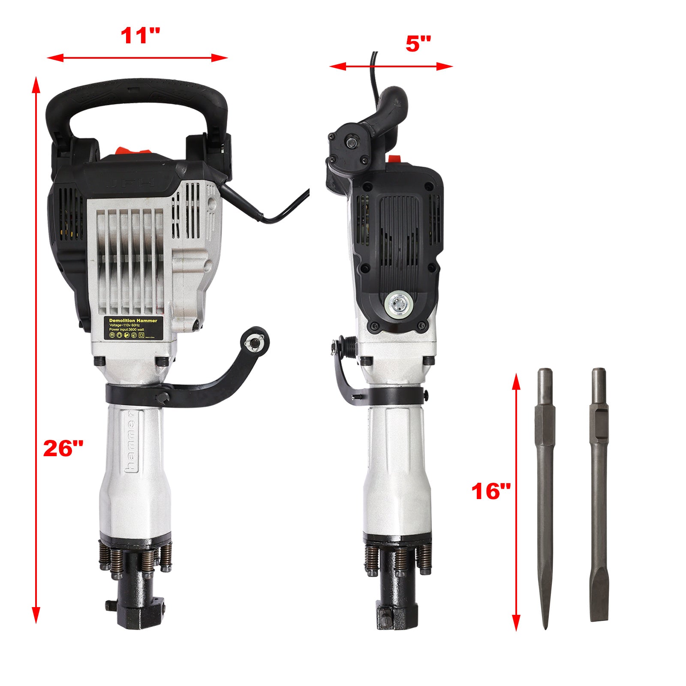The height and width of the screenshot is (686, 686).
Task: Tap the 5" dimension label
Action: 418,44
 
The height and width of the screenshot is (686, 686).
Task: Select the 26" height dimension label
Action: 63,448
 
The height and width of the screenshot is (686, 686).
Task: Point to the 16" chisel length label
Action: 491,491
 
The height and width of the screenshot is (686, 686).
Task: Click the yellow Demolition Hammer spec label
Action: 133,328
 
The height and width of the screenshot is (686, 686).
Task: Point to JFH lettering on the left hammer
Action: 130,183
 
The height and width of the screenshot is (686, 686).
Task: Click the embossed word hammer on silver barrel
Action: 130,442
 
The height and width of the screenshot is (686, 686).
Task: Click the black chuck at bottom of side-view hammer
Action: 397,600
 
